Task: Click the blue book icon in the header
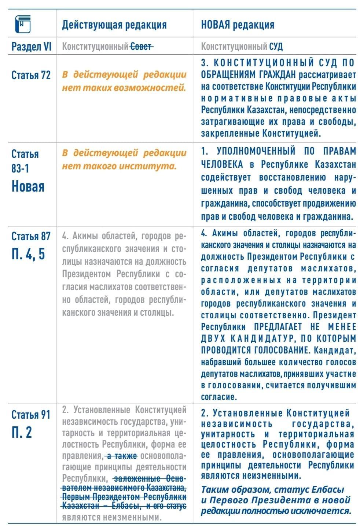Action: (22, 24)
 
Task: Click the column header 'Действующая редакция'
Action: (114, 25)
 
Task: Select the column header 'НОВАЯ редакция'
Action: (237, 25)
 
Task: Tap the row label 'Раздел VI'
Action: (32, 47)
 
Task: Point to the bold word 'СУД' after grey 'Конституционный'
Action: (276, 47)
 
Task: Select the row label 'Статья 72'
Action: (31, 75)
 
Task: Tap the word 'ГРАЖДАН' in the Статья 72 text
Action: (273, 75)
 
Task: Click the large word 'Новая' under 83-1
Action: (28, 186)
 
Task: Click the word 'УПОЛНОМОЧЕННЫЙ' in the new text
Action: (256, 151)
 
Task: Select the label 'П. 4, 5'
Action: (28, 253)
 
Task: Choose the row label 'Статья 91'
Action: (31, 415)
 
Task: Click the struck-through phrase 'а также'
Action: (122, 456)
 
